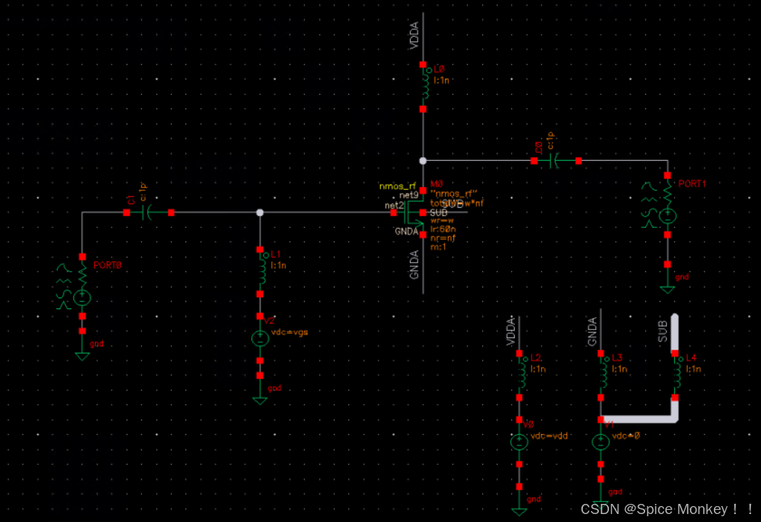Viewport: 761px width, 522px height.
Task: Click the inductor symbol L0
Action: (x=423, y=87)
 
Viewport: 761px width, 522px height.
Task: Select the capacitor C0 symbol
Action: (x=556, y=161)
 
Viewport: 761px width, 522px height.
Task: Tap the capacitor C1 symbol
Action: (x=149, y=213)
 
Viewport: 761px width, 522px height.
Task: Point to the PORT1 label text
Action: (x=691, y=184)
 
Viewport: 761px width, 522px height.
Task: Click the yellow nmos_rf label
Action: (x=398, y=186)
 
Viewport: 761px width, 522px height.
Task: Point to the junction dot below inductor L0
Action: (x=423, y=161)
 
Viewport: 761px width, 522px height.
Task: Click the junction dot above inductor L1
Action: (x=261, y=213)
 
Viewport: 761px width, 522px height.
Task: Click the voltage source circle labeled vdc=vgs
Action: (x=260, y=338)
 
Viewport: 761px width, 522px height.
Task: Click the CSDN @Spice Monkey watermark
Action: (x=667, y=509)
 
